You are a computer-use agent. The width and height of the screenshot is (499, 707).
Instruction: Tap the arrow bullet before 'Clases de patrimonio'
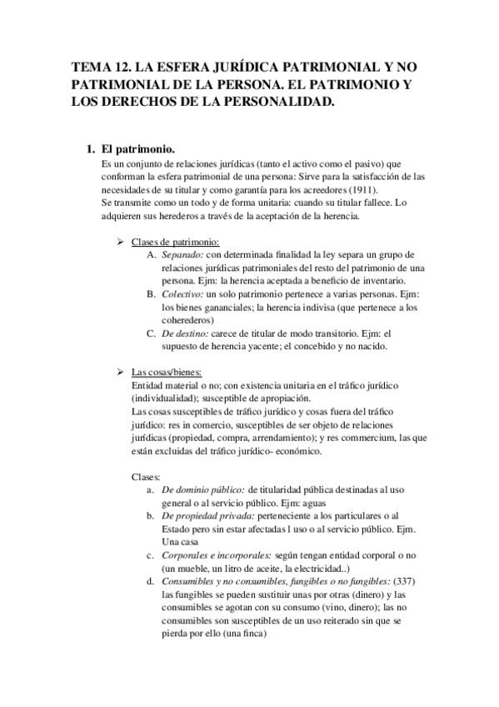[120, 242]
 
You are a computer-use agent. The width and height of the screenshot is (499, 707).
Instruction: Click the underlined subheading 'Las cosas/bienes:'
[167, 372]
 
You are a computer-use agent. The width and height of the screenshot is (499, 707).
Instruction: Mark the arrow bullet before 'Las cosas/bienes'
[120, 372]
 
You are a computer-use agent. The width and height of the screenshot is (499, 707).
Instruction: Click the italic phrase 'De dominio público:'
[202, 490]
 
